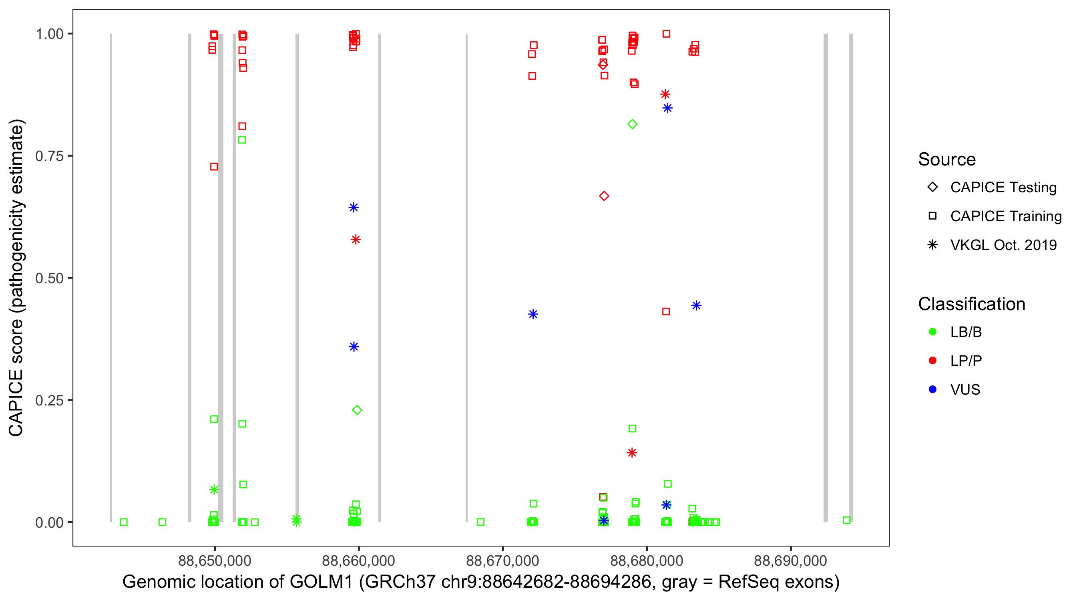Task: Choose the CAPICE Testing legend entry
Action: pyautogui.click(x=1003, y=188)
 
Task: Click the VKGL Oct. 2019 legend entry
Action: pyautogui.click(x=1003, y=245)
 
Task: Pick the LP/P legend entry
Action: pyautogui.click(x=966, y=361)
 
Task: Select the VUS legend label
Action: pyautogui.click(x=965, y=390)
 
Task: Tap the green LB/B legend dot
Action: pyautogui.click(x=932, y=332)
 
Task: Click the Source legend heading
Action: pyautogui.click(x=947, y=159)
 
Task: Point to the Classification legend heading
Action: pyautogui.click(x=971, y=304)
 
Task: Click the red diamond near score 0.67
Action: pyautogui.click(x=604, y=196)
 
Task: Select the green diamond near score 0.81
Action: pyautogui.click(x=633, y=124)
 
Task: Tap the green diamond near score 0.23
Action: pyautogui.click(x=357, y=410)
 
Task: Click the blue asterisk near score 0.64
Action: pyautogui.click(x=354, y=208)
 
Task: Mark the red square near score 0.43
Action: pyautogui.click(x=666, y=312)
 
